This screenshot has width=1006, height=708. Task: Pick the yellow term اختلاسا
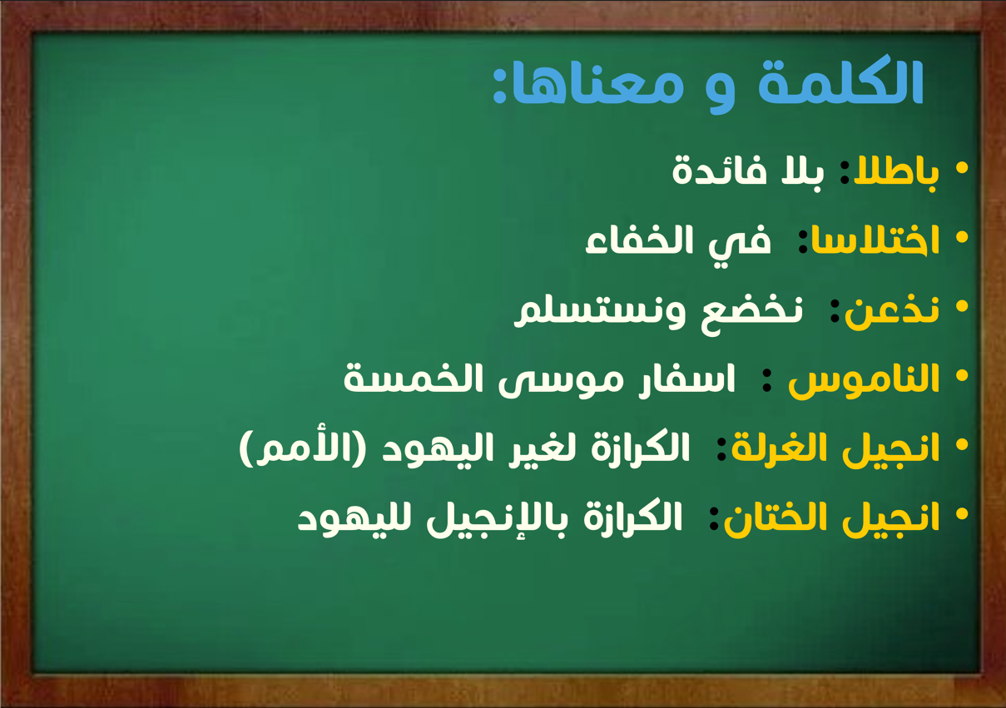tap(875, 240)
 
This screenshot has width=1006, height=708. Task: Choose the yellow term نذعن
tap(892, 309)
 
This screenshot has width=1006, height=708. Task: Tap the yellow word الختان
tap(782, 517)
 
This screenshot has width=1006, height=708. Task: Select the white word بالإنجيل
tap(498, 519)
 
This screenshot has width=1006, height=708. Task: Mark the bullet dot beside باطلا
tap(962, 168)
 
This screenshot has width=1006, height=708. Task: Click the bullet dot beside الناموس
tap(962, 376)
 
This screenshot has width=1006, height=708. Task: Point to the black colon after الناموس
tap(767, 380)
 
